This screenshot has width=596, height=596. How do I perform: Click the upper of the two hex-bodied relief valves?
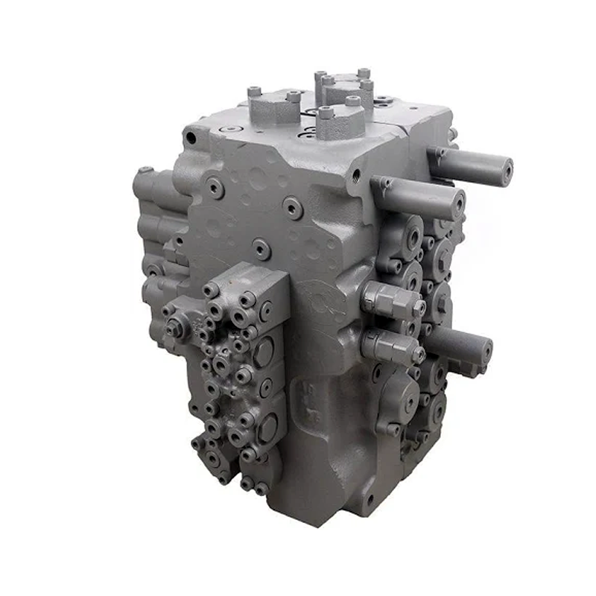(x=392, y=300)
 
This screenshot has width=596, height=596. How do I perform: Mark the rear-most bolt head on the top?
(x=364, y=73)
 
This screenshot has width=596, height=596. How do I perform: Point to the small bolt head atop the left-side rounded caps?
(x=146, y=170)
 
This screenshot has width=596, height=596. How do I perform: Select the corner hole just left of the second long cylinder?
(x=358, y=175)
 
